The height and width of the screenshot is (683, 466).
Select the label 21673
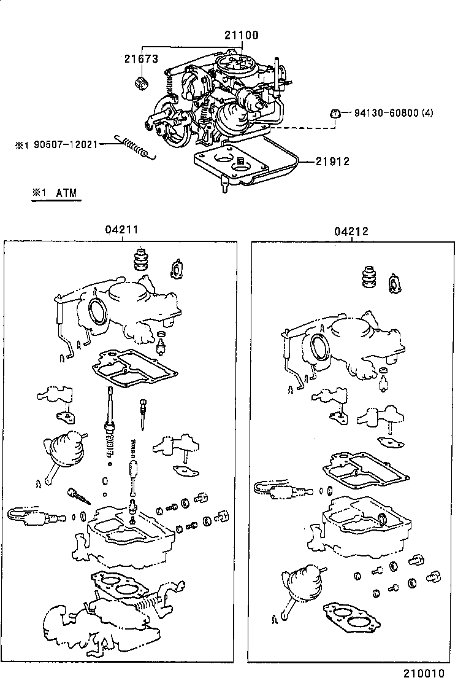tap(141, 59)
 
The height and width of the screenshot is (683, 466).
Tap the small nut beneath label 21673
tap(140, 82)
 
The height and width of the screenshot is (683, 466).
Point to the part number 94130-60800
tap(389, 113)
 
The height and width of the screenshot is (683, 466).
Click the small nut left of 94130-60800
tap(335, 113)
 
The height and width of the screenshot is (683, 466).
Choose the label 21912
tap(332, 162)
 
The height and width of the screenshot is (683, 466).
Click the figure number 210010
tap(423, 674)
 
